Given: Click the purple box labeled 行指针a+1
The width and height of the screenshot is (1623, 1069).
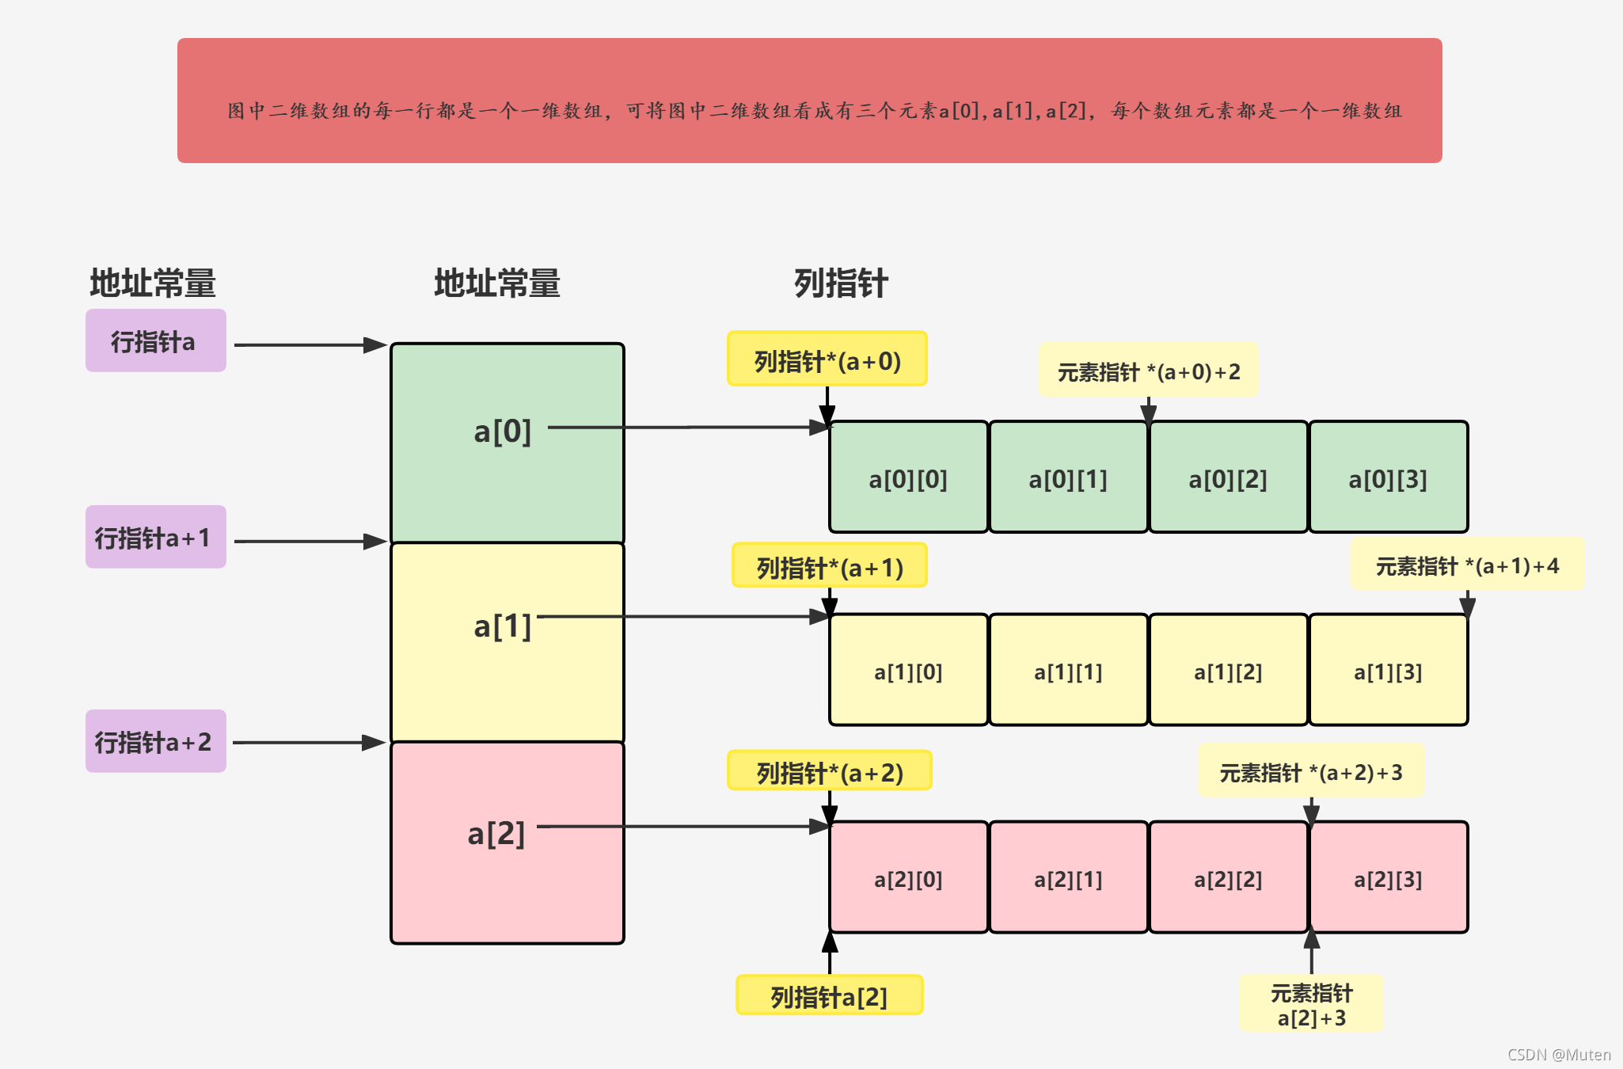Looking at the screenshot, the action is click(155, 537).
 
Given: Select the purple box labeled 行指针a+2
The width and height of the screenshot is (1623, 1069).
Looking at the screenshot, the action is click(155, 741).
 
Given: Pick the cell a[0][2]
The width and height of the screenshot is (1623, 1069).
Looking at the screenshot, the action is click(1228, 477).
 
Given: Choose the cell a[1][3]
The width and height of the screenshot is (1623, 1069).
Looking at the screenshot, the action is click(1388, 670).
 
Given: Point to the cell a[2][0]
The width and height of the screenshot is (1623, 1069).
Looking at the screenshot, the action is click(908, 877).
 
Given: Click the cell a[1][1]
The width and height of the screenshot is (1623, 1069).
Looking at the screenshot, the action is click(1068, 670).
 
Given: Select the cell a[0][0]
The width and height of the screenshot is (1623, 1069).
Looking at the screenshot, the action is click(908, 477).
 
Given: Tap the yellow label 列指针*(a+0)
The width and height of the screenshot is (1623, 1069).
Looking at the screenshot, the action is click(827, 360).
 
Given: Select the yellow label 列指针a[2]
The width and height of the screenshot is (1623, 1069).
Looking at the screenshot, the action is click(829, 995).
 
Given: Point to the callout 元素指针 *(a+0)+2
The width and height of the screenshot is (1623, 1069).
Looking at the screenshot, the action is click(1148, 371).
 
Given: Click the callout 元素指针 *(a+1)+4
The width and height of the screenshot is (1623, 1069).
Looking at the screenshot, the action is click(1467, 565).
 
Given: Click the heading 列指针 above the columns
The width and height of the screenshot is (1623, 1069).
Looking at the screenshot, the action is click(840, 283).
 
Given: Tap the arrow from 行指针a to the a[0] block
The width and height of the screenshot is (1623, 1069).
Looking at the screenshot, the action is click(309, 345).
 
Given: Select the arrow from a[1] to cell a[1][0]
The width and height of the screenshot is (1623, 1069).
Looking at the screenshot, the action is click(681, 616).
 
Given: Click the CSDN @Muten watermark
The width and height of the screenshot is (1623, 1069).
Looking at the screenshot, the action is click(1558, 1054).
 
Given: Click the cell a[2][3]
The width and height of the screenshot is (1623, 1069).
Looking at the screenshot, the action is click(1388, 877).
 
